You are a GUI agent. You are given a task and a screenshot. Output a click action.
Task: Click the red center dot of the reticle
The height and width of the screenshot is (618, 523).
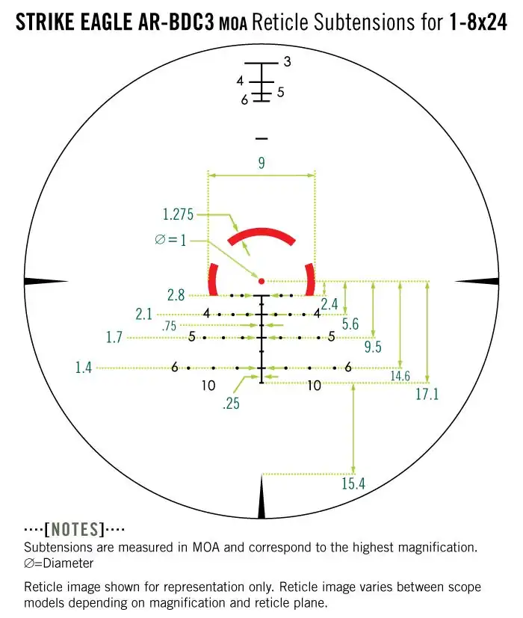(261, 281)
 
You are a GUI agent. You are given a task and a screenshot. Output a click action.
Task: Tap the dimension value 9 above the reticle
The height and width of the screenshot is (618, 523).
(261, 162)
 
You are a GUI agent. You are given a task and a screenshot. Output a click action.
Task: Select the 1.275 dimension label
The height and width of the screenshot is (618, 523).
(179, 215)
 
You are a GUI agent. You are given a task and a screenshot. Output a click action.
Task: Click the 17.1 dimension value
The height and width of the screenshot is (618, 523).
(427, 394)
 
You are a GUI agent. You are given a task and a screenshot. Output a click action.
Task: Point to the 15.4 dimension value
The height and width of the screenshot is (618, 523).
(353, 483)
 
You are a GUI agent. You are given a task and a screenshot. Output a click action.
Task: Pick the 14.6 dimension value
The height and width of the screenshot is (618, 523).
(400, 376)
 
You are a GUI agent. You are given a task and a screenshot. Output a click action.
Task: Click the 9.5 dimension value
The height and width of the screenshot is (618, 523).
(373, 347)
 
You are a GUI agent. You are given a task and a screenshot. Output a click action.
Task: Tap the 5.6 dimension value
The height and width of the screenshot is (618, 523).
(350, 324)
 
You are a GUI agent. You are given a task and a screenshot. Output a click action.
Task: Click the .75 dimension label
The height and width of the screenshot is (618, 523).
(170, 326)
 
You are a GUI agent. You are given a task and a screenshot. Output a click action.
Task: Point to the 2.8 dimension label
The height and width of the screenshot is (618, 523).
(176, 295)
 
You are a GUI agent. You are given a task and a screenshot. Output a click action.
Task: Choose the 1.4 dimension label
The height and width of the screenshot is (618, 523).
(84, 367)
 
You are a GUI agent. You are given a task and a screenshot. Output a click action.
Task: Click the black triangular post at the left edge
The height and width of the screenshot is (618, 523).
(46, 281)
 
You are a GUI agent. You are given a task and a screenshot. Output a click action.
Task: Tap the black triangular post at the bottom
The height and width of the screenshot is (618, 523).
(261, 499)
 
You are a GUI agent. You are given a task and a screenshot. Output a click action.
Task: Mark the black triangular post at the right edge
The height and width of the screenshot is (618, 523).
(476, 281)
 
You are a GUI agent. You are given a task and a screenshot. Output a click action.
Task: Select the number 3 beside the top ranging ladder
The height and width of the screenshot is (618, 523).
(287, 62)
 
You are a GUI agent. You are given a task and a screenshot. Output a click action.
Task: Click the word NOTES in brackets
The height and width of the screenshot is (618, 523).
(74, 530)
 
